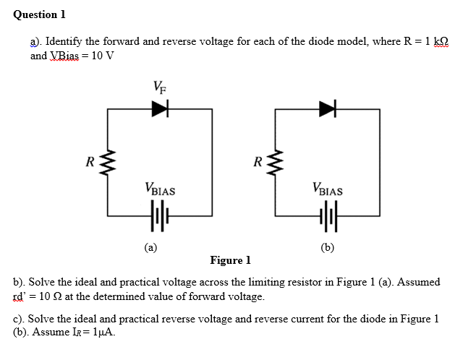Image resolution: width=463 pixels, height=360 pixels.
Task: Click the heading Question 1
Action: coord(35,14)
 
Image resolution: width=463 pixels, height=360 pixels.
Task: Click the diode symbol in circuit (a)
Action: coord(160,109)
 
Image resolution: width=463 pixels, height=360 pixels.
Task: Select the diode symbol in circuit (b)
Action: coord(328,109)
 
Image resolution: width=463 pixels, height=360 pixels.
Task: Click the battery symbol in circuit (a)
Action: coord(160,215)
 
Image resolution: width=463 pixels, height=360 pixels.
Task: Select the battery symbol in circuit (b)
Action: coord(328,215)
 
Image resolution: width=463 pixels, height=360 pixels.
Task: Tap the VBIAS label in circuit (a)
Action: coord(161,192)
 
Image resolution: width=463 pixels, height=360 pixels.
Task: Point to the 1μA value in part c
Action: coord(103,333)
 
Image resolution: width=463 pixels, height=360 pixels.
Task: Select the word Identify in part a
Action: coord(64,42)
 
